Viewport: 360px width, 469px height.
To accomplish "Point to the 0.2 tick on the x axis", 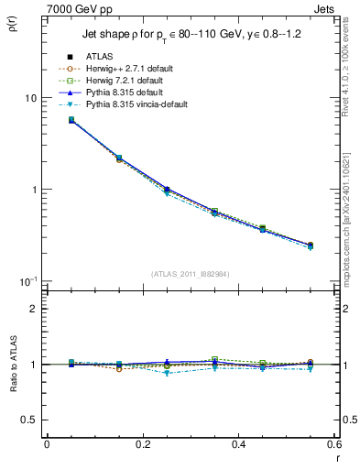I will click(x=142, y=444).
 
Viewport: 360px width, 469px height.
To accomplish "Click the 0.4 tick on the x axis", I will click(x=238, y=444).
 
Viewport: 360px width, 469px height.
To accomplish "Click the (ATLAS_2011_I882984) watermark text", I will click(x=190, y=274).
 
